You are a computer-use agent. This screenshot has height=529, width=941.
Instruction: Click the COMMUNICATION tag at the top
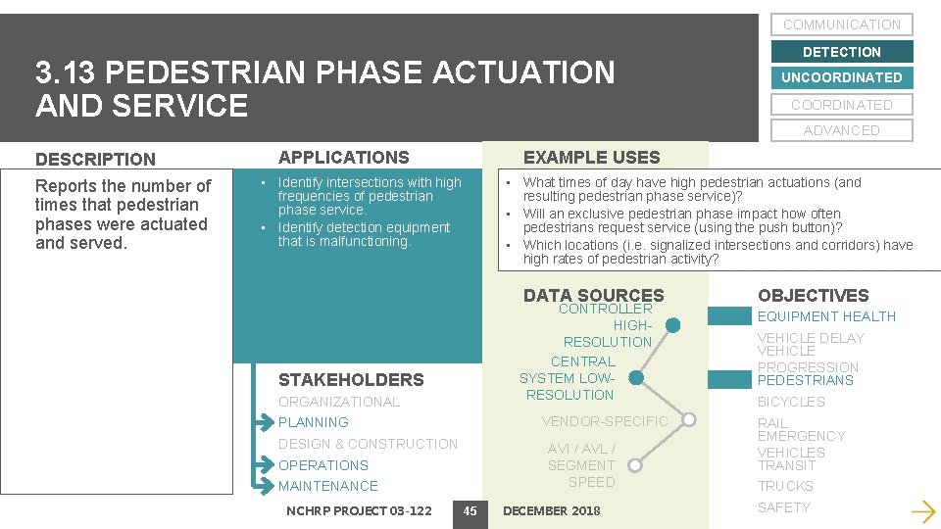click(842, 24)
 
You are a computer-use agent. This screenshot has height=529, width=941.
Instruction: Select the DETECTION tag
click(842, 52)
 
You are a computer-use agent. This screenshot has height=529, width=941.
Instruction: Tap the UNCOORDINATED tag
click(842, 77)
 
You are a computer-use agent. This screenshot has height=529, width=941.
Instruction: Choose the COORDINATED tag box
click(842, 105)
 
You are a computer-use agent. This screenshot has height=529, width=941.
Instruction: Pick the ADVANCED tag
click(842, 130)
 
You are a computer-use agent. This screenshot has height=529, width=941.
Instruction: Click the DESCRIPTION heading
click(95, 159)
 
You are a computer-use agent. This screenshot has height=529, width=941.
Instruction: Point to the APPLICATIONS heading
click(344, 157)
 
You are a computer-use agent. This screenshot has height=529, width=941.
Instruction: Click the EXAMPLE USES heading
click(592, 157)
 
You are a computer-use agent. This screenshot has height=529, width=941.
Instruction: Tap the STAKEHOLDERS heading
click(351, 380)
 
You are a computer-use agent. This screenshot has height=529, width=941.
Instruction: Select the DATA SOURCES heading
click(593, 295)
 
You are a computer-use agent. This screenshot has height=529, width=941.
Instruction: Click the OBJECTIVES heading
click(813, 295)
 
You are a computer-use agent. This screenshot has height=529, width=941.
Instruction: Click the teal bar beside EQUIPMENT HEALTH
click(729, 316)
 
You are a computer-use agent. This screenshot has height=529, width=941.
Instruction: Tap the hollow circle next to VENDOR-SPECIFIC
click(689, 421)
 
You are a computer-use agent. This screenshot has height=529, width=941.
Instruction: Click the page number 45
click(470, 510)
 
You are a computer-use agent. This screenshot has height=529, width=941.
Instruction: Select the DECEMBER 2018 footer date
click(551, 510)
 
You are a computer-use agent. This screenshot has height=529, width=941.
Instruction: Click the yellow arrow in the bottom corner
click(921, 510)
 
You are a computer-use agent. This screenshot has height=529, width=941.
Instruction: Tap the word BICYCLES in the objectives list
click(791, 402)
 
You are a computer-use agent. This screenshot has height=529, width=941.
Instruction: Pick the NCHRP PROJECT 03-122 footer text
click(359, 510)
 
